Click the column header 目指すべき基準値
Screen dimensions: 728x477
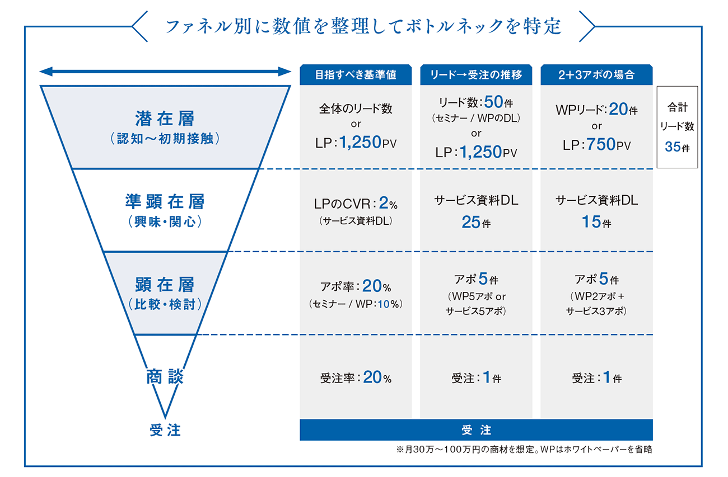tap(356, 75)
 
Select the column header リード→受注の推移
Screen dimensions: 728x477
tap(476, 75)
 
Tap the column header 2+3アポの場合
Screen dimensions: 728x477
tap(596, 75)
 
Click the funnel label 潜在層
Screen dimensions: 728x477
tap(165, 119)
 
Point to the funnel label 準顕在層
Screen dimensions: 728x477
tap(165, 201)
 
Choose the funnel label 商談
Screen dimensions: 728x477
tap(165, 376)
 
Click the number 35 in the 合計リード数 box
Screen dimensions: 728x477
tap(673, 147)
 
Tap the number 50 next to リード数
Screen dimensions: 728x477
tap(494, 102)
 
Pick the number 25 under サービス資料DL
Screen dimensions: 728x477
tap(471, 222)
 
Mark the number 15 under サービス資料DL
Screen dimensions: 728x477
tap(591, 222)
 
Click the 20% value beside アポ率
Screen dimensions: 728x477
tap(376, 286)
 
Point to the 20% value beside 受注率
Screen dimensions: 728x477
tap(377, 377)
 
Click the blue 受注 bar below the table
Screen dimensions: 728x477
tap(476, 430)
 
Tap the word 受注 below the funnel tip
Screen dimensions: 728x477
tap(165, 430)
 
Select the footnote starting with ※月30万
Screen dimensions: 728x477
tap(524, 450)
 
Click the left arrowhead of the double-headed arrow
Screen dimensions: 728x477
tap(46, 72)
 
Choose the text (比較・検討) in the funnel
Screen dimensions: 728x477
tap(165, 304)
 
